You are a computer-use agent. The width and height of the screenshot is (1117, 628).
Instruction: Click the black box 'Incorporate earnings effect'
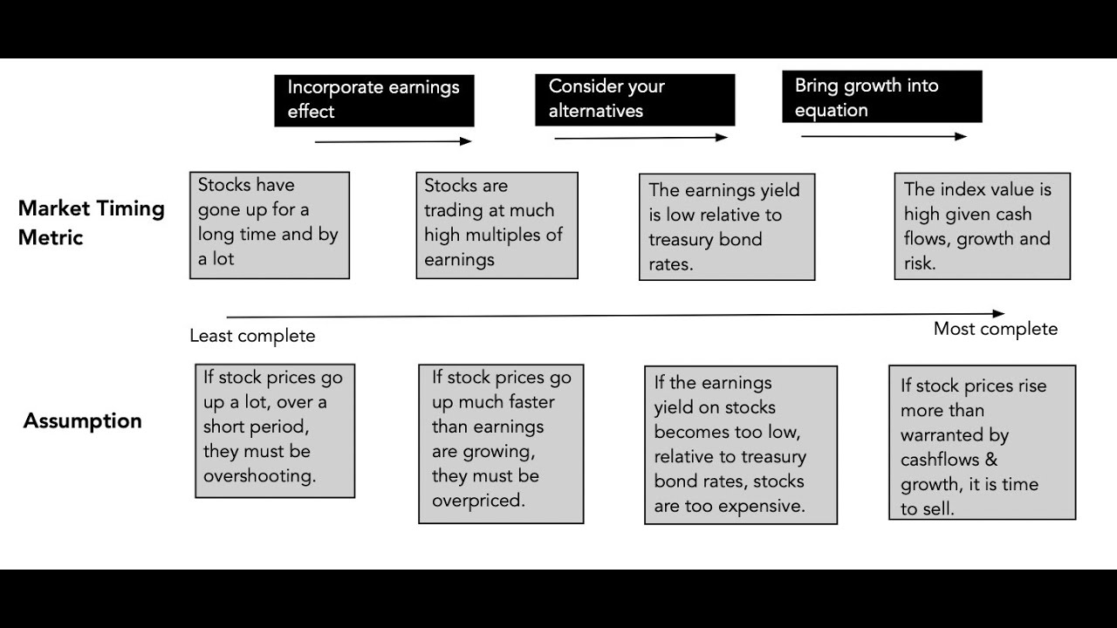373,99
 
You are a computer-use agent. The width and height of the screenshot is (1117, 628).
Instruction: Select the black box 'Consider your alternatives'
634,99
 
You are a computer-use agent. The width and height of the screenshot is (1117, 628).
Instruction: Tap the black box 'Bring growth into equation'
881,97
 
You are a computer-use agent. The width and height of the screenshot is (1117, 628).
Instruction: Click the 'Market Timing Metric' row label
91,222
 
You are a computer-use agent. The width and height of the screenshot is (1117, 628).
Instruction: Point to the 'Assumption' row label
82,420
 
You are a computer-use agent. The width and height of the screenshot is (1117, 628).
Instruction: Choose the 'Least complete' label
252,336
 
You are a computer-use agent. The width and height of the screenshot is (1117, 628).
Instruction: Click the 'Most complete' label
995,329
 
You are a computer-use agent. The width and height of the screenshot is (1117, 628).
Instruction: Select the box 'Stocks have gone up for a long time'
269,225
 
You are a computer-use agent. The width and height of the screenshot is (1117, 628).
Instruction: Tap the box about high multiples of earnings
497,225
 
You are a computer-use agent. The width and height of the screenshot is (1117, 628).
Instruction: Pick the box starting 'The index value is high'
982,226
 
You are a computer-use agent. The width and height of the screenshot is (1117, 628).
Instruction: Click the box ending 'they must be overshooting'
274,431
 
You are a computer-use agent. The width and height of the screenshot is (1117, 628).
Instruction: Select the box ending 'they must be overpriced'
501,443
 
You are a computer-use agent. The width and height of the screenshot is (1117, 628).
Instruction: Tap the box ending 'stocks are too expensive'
740,445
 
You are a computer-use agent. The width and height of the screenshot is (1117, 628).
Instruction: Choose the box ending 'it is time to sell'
982,442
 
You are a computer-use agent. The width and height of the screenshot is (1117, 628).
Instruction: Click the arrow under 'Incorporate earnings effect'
393,140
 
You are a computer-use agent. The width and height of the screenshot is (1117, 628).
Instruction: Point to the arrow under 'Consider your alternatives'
641,138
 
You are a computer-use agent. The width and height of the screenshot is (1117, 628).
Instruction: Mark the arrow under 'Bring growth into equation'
883,136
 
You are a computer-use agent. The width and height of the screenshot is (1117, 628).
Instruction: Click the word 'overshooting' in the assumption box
259,476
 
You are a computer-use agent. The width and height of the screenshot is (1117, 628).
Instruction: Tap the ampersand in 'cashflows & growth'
990,460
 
